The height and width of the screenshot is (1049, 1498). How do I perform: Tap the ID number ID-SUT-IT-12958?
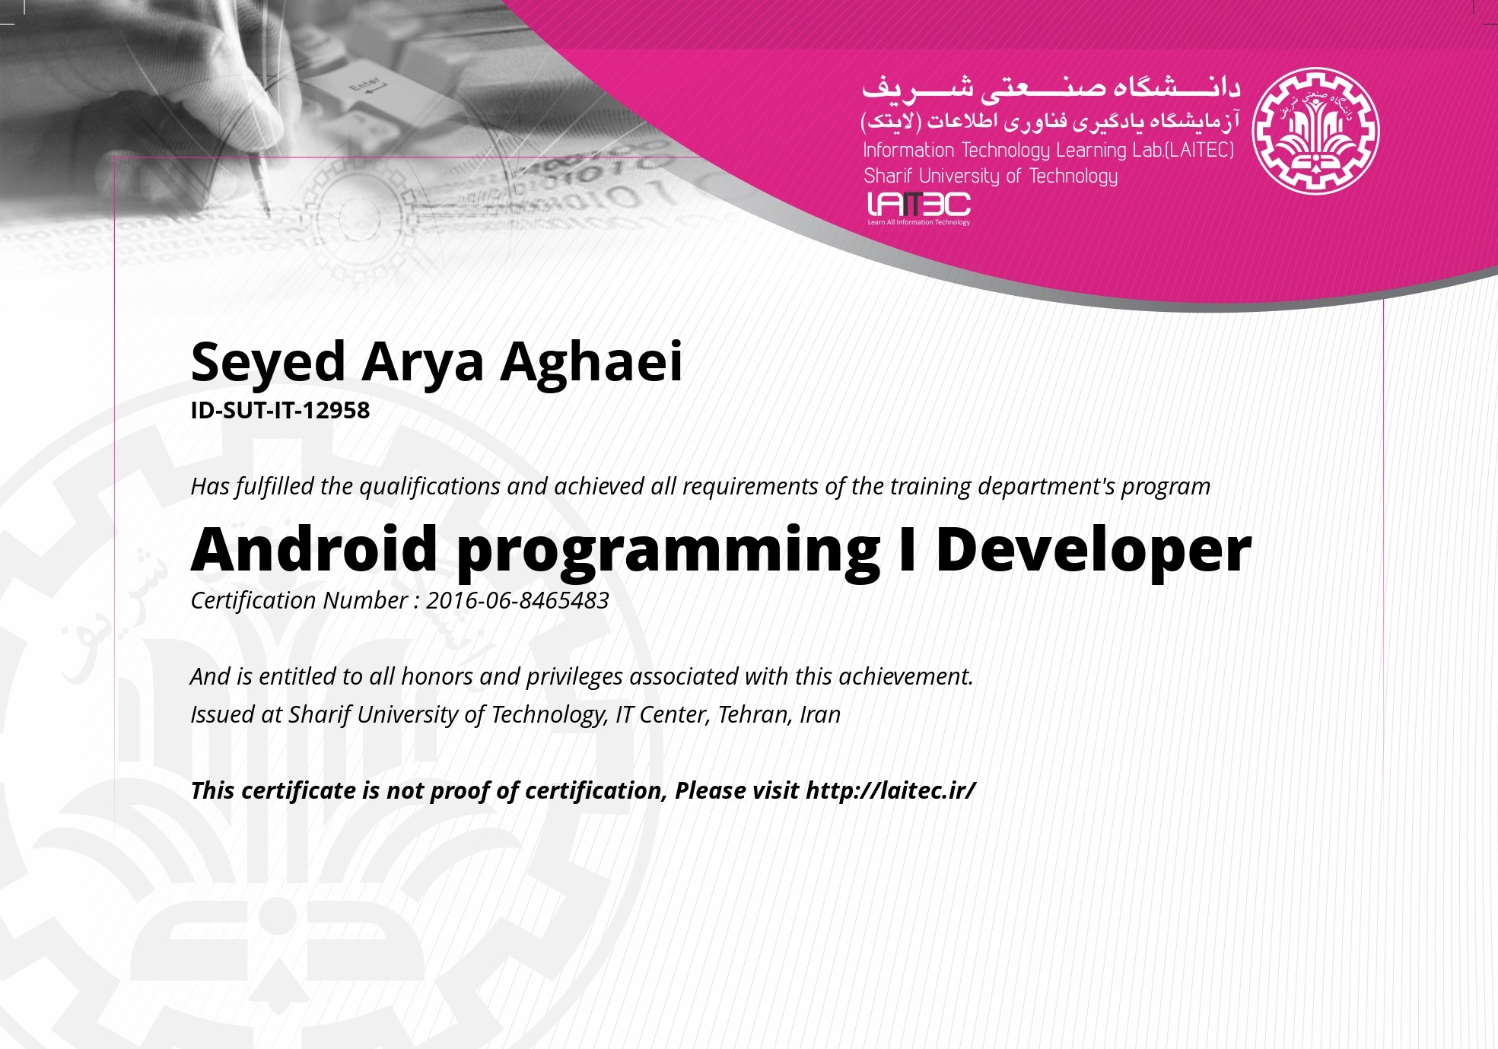point(280,410)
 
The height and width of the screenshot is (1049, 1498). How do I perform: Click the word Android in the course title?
point(313,548)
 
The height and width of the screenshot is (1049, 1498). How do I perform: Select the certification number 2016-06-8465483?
point(517,600)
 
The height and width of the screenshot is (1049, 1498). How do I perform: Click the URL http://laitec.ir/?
point(891,790)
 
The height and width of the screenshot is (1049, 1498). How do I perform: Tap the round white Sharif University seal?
point(1316,131)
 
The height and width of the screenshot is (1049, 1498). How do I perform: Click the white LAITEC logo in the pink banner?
point(919,208)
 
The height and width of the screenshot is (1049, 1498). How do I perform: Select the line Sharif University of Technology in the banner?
point(991,176)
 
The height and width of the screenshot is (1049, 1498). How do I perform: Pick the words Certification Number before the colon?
point(299,600)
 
